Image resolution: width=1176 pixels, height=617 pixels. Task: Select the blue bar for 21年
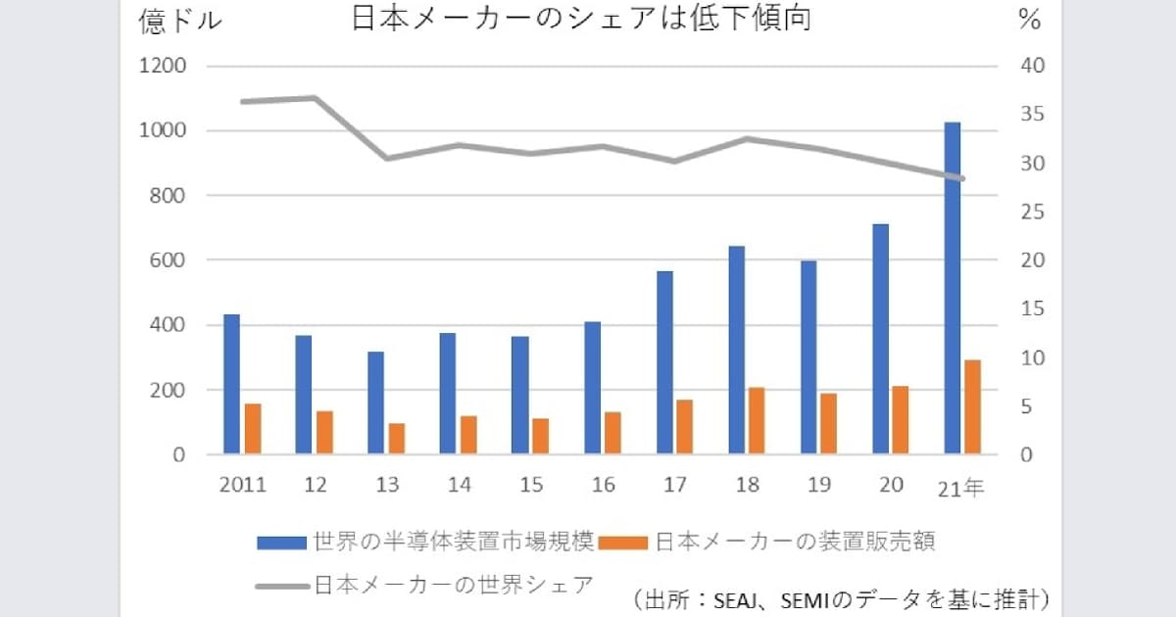(952, 288)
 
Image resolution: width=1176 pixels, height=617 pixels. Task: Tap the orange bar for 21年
(972, 406)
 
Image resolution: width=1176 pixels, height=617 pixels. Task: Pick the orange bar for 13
(397, 439)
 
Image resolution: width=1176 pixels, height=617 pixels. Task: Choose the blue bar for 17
(664, 362)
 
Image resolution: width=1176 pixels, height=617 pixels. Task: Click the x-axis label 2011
(242, 486)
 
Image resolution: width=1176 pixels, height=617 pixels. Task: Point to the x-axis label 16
(604, 486)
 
